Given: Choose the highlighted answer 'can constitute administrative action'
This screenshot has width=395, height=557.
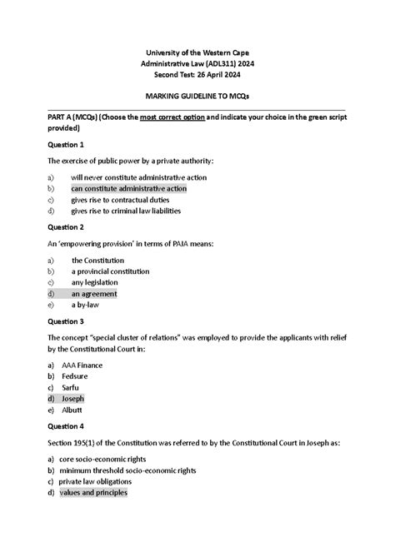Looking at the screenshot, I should pyautogui.click(x=128, y=189).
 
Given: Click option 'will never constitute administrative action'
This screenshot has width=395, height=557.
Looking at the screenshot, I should pyautogui.click(x=138, y=177).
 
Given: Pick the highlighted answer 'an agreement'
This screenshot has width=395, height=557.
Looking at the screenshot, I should pyautogui.click(x=93, y=294).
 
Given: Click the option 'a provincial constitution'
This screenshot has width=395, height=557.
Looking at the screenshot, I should pyautogui.click(x=110, y=271).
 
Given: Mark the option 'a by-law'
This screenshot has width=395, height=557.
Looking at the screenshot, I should pyautogui.click(x=86, y=305).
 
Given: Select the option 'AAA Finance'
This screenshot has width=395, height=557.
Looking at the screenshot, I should pyautogui.click(x=84, y=366).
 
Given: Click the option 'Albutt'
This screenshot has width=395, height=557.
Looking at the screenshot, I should pyautogui.click(x=72, y=410).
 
